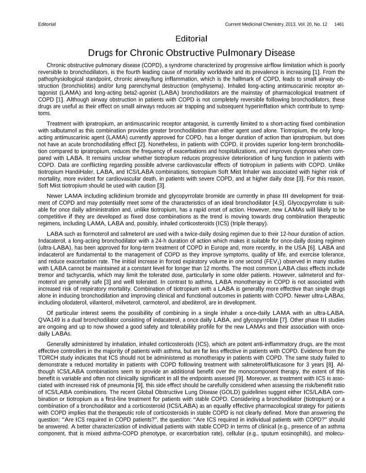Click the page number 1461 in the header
tap(339, 24)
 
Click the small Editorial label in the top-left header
tap(47, 24)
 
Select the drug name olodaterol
tap(64, 299)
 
